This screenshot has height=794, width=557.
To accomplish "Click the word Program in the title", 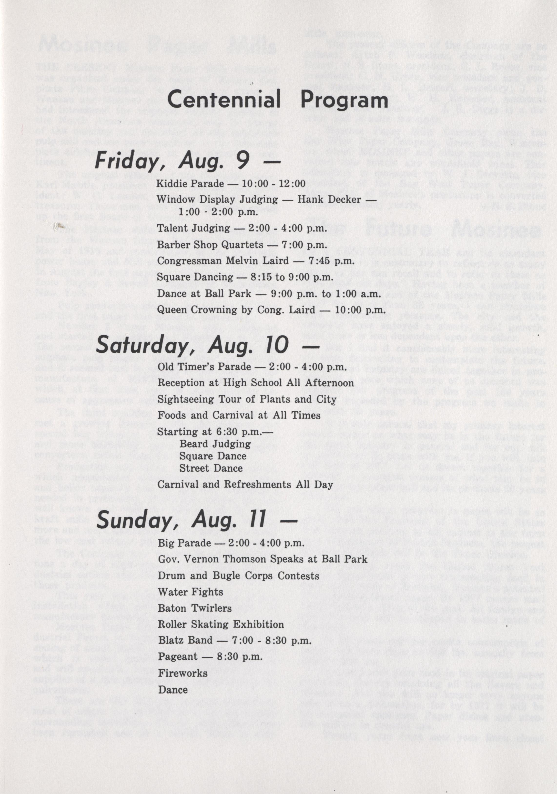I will (x=344, y=100).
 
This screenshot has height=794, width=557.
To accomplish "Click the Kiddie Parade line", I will (x=231, y=183).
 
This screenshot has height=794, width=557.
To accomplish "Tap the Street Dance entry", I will (x=211, y=468).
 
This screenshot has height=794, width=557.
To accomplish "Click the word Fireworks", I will (x=183, y=673).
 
